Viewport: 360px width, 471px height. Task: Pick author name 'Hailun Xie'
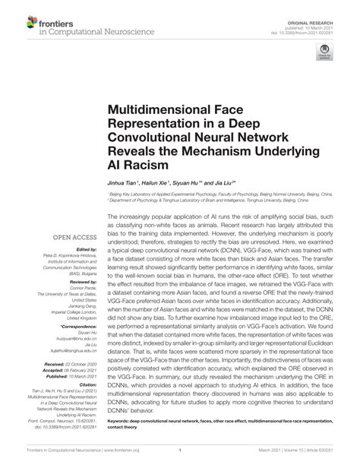click(x=156, y=183)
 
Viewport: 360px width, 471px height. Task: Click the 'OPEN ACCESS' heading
click(x=68, y=216)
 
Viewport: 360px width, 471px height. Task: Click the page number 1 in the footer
click(x=179, y=459)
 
